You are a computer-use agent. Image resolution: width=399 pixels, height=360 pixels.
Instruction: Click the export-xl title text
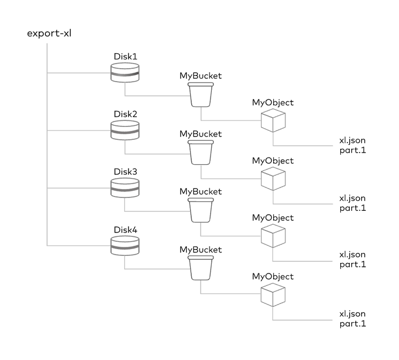(49, 33)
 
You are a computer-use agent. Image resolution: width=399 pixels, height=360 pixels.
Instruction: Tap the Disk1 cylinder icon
(124, 73)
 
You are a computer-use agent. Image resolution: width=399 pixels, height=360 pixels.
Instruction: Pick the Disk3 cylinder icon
(124, 188)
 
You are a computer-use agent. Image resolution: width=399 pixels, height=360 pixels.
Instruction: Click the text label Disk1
(125, 56)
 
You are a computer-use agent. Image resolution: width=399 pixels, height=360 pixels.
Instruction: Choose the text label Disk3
(125, 171)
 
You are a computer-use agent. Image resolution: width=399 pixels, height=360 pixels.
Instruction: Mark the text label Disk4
(125, 229)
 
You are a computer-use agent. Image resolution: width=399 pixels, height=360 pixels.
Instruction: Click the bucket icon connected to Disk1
(201, 94)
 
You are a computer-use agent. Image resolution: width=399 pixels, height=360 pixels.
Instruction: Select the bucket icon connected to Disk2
(201, 152)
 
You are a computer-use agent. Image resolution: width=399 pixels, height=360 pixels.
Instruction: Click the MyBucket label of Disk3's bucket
(201, 191)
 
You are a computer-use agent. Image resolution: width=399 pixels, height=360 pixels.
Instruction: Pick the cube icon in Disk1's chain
(273, 120)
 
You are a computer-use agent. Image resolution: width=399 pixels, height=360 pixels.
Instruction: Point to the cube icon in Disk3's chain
(273, 235)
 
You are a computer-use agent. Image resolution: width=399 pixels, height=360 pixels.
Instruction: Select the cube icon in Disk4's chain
(273, 295)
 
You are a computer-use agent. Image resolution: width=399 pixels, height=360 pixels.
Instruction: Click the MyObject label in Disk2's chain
(273, 161)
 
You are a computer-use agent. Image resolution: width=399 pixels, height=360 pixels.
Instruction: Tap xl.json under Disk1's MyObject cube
(352, 141)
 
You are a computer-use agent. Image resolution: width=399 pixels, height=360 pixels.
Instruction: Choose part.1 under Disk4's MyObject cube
(352, 324)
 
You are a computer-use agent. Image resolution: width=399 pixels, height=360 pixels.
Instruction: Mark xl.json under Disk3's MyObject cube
(352, 255)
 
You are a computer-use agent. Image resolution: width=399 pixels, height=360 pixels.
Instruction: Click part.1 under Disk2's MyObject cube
(352, 208)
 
